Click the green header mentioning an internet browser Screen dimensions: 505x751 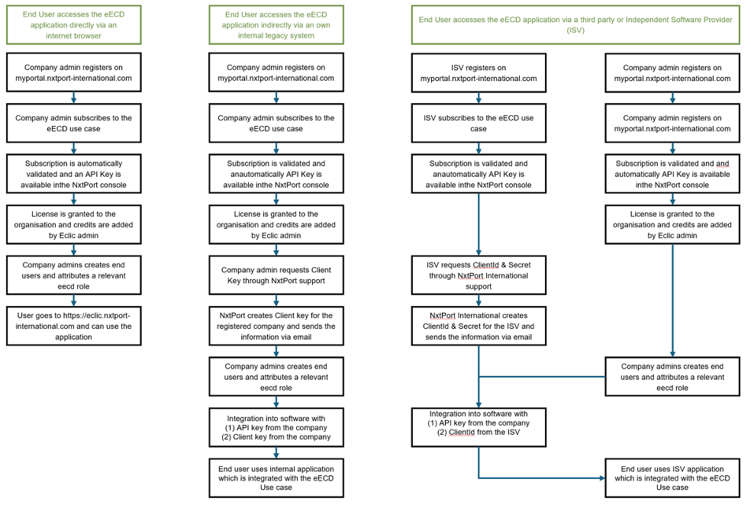pyautogui.click(x=73, y=24)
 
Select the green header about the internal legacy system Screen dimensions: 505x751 pyautogui.click(x=276, y=24)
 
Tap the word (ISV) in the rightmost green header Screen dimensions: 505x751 pyautogui.click(x=575, y=31)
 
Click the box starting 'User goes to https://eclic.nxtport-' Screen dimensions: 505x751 pyautogui.click(x=73, y=326)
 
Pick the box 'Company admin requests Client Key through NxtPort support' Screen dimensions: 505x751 pyautogui.click(x=276, y=275)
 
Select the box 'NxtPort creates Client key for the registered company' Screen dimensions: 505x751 pyautogui.click(x=276, y=326)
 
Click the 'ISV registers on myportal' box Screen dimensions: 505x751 pyautogui.click(x=479, y=72)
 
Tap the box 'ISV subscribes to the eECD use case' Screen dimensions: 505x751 pyautogui.click(x=479, y=124)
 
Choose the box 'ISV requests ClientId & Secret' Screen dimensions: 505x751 pyautogui.click(x=479, y=275)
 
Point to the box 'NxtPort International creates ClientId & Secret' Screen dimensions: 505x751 pyautogui.click(x=479, y=326)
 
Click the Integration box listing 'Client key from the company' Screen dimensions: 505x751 pyautogui.click(x=276, y=427)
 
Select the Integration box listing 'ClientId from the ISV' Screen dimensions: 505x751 pyautogui.click(x=479, y=427)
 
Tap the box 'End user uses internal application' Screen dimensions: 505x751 pyautogui.click(x=276, y=478)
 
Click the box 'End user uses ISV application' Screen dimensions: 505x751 pyautogui.click(x=672, y=478)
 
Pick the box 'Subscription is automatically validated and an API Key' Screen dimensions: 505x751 pyautogui.click(x=73, y=174)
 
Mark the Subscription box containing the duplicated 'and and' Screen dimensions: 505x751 pyautogui.click(x=672, y=174)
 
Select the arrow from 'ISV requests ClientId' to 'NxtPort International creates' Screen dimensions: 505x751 pyautogui.click(x=479, y=301)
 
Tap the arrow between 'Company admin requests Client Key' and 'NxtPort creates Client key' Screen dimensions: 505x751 pyautogui.click(x=276, y=301)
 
